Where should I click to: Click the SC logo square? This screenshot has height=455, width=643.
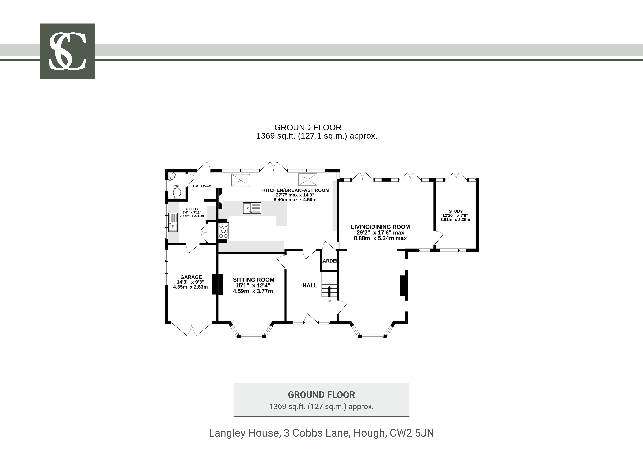coord(67,51)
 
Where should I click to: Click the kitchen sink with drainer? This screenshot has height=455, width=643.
coord(252,208)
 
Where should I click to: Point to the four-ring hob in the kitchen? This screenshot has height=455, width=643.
coord(223,230)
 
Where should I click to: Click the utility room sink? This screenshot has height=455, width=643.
coord(173,222)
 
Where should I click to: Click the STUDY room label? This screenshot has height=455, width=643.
coord(456,211)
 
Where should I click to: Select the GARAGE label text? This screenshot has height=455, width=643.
coord(191,277)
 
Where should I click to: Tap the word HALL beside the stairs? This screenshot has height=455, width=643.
coord(310,285)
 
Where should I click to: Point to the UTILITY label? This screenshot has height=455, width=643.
coord(192,209)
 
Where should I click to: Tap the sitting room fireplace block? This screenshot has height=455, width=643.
coord(217,284)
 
